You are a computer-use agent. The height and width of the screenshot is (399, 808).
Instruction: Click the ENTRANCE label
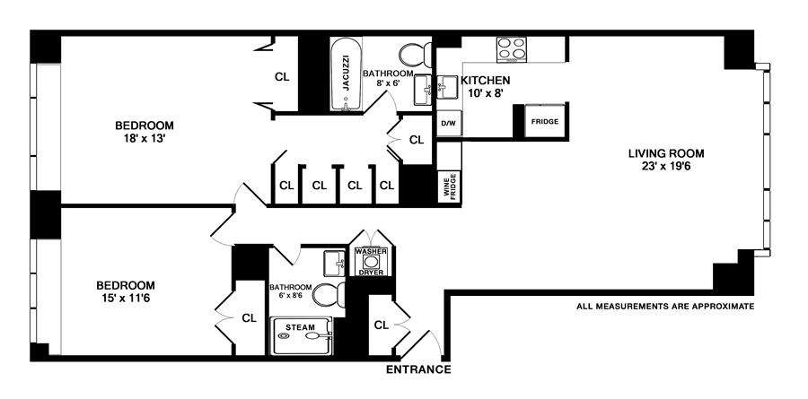coord(417,369)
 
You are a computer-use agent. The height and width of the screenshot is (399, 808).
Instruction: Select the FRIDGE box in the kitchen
coord(544,121)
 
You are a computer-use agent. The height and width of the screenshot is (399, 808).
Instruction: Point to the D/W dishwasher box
coord(448,122)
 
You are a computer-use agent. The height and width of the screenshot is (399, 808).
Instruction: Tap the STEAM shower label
coord(300,328)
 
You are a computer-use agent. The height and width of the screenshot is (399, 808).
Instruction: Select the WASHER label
coord(371,252)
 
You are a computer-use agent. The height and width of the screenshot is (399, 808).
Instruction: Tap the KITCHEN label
coord(486,81)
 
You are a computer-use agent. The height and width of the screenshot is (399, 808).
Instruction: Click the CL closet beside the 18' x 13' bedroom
coord(282,77)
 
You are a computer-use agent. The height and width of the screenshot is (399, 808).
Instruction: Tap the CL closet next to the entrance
coord(381,325)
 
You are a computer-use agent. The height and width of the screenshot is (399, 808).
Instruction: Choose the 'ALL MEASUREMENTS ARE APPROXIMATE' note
coord(665,307)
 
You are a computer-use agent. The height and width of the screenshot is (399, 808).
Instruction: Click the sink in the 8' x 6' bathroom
coord(425,88)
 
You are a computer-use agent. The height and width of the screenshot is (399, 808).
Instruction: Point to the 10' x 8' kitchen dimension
coord(486,93)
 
